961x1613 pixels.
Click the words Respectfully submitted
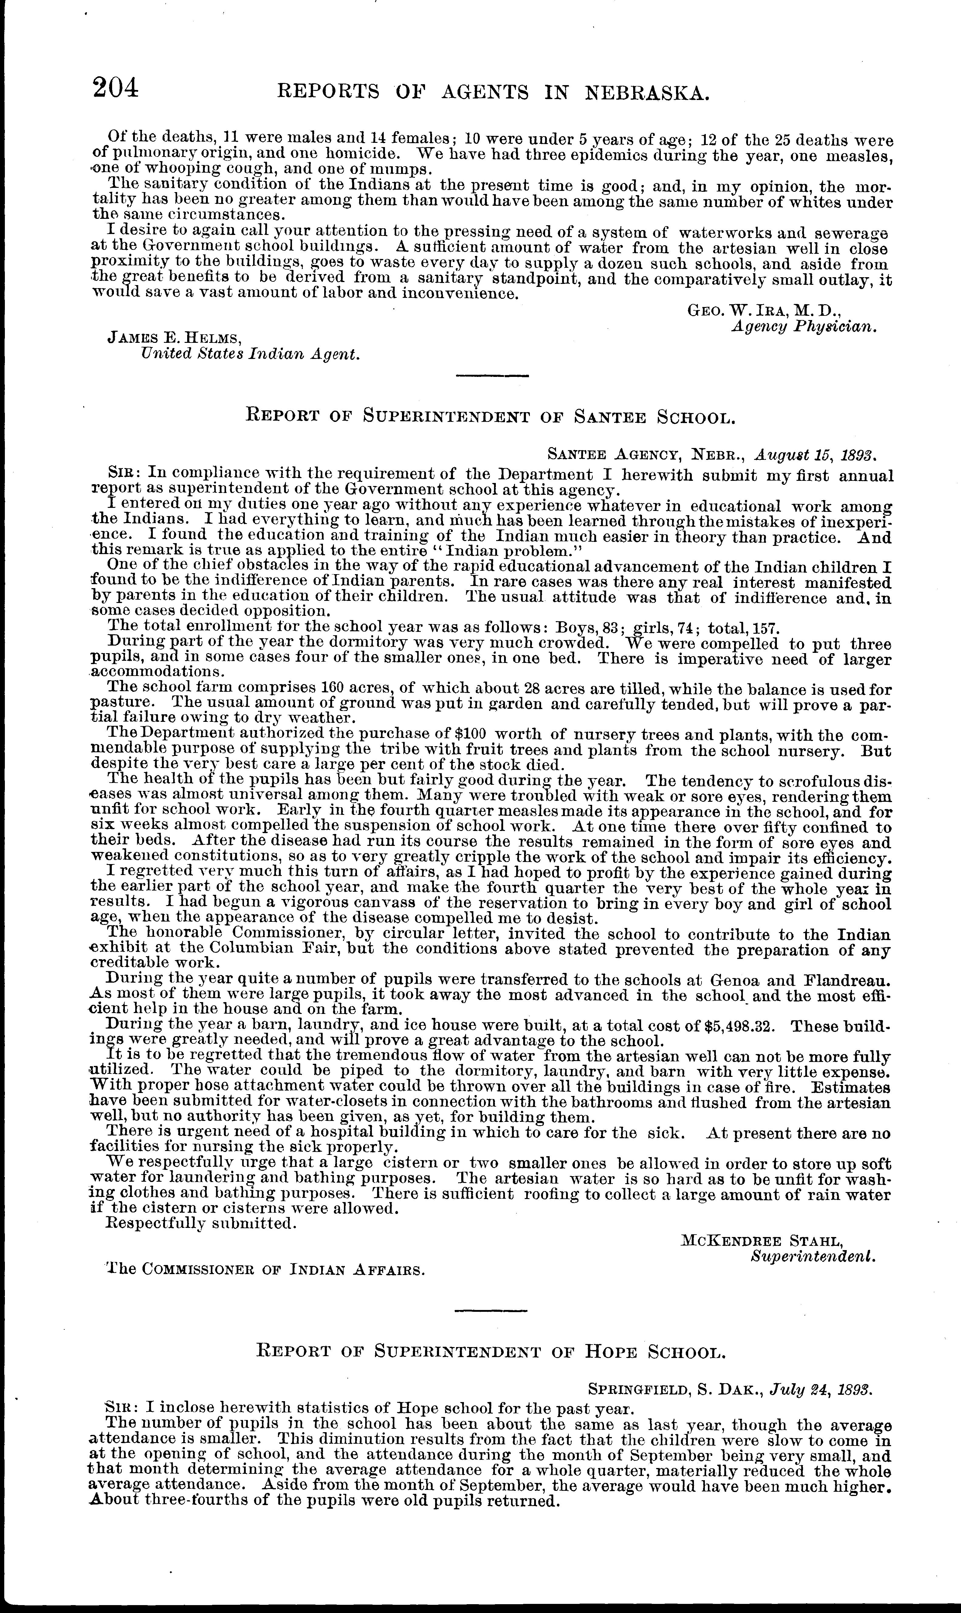(201, 1223)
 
